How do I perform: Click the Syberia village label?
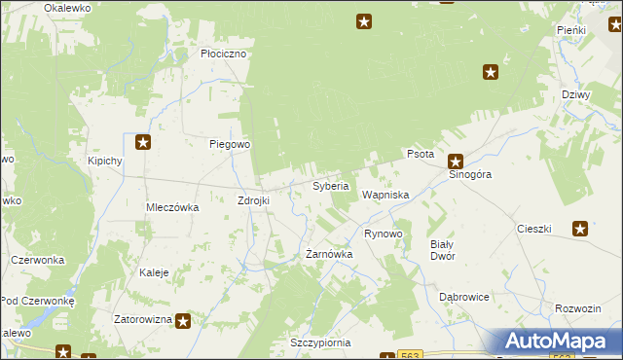click(x=330, y=186)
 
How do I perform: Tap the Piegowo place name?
click(x=231, y=144)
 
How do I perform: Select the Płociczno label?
click(x=223, y=54)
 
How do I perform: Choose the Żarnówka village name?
click(x=329, y=254)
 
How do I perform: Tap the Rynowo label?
click(x=383, y=234)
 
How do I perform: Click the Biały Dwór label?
click(x=443, y=250)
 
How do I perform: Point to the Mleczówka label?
click(x=172, y=207)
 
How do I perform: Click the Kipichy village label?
click(x=104, y=161)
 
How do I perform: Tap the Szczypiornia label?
click(x=320, y=343)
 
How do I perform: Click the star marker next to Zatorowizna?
click(x=183, y=318)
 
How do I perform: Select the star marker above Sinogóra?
click(x=455, y=161)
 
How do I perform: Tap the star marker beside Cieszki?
click(x=580, y=230)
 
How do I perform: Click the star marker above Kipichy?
click(x=143, y=143)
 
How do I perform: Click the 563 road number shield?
click(x=410, y=355)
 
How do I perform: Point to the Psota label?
click(x=420, y=155)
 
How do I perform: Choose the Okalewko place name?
click(x=67, y=7)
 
